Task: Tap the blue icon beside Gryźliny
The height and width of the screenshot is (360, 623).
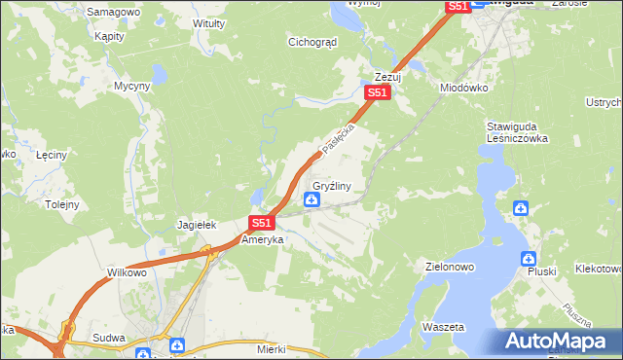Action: pos(311,200)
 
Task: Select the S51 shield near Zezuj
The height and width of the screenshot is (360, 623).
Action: pos(378,93)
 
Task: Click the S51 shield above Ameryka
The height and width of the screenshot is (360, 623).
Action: pos(260,223)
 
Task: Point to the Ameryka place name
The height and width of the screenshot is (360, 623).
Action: pos(261,239)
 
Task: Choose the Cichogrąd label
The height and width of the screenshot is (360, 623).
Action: pos(311,42)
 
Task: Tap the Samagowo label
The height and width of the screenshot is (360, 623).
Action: pos(114,12)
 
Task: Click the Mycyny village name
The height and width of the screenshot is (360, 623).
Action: pos(131,86)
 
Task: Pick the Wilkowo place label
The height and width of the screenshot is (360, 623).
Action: pos(127,273)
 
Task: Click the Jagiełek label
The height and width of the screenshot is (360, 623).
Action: pos(196,225)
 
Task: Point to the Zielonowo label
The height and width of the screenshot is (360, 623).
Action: pos(450,265)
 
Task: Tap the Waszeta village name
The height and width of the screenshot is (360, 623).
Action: pos(443,327)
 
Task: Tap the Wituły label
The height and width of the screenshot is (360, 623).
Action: pos(209,22)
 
